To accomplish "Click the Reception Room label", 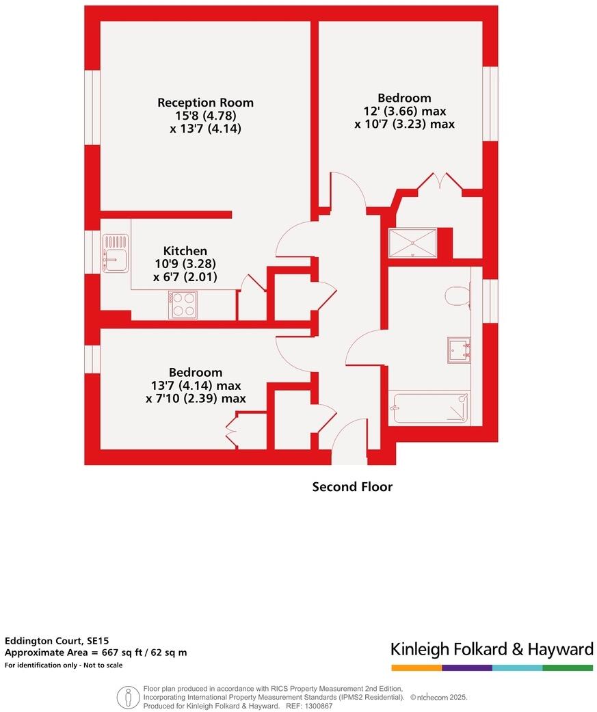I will pyautogui.click(x=205, y=103).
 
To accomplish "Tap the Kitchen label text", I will pyautogui.click(x=185, y=251).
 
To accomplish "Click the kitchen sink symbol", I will pyautogui.click(x=116, y=252).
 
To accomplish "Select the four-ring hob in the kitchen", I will pyautogui.click(x=183, y=304).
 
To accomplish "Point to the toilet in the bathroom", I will pyautogui.click(x=456, y=296).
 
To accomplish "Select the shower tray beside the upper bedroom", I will pyautogui.click(x=412, y=242).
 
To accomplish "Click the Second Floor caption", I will pyautogui.click(x=352, y=487).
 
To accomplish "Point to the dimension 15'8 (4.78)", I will pyautogui.click(x=205, y=116).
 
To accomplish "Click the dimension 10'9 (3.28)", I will pyautogui.click(x=185, y=264).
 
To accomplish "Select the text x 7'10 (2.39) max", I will pyautogui.click(x=196, y=399).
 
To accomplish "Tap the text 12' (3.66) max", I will pyautogui.click(x=404, y=111).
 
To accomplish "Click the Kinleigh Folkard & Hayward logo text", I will pyautogui.click(x=492, y=648).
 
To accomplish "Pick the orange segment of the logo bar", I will pyautogui.click(x=416, y=668).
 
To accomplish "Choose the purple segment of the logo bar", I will pyautogui.click(x=467, y=668).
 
